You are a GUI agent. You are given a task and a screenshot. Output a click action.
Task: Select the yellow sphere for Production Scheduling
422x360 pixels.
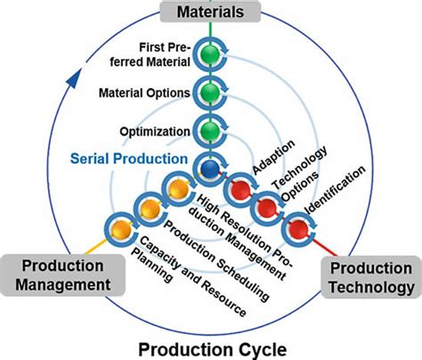click(x=148, y=209)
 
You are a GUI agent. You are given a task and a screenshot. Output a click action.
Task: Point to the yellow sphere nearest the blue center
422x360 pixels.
click(x=177, y=189)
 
